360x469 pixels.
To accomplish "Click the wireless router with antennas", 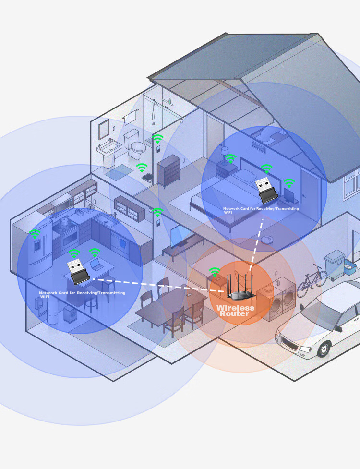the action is tap(240, 287).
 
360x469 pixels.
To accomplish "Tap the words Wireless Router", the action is tap(235, 311).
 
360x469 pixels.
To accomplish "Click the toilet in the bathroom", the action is tap(135, 144).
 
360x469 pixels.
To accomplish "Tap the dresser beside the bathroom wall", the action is tap(169, 171).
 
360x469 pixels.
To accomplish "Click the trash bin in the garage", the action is tap(335, 265).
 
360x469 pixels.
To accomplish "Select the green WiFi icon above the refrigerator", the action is tap(35, 234).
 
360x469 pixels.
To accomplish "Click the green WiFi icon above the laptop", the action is tap(95, 253).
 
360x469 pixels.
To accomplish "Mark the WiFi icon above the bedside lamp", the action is tap(230, 158).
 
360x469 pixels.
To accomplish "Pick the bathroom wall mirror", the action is tap(104, 129).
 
